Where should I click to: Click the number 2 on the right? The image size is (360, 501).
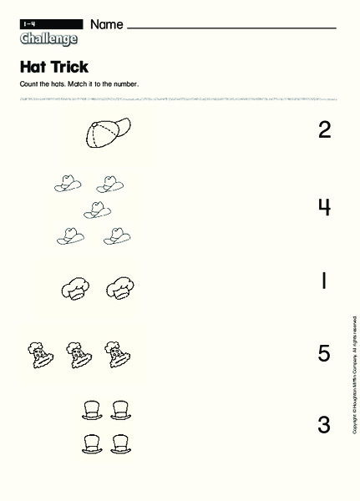(x=324, y=129)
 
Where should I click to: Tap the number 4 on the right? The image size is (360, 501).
(x=324, y=206)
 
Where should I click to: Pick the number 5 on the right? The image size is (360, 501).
(x=324, y=354)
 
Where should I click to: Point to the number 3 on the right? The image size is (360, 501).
(x=324, y=425)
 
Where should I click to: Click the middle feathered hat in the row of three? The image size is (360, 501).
(x=74, y=354)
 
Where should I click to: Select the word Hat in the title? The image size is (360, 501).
(x=31, y=67)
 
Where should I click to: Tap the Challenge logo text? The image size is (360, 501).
(x=48, y=38)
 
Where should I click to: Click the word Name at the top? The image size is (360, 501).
(x=106, y=24)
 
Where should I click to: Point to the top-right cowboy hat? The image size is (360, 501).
(x=109, y=182)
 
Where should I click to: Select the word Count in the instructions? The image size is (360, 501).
(x=28, y=84)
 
